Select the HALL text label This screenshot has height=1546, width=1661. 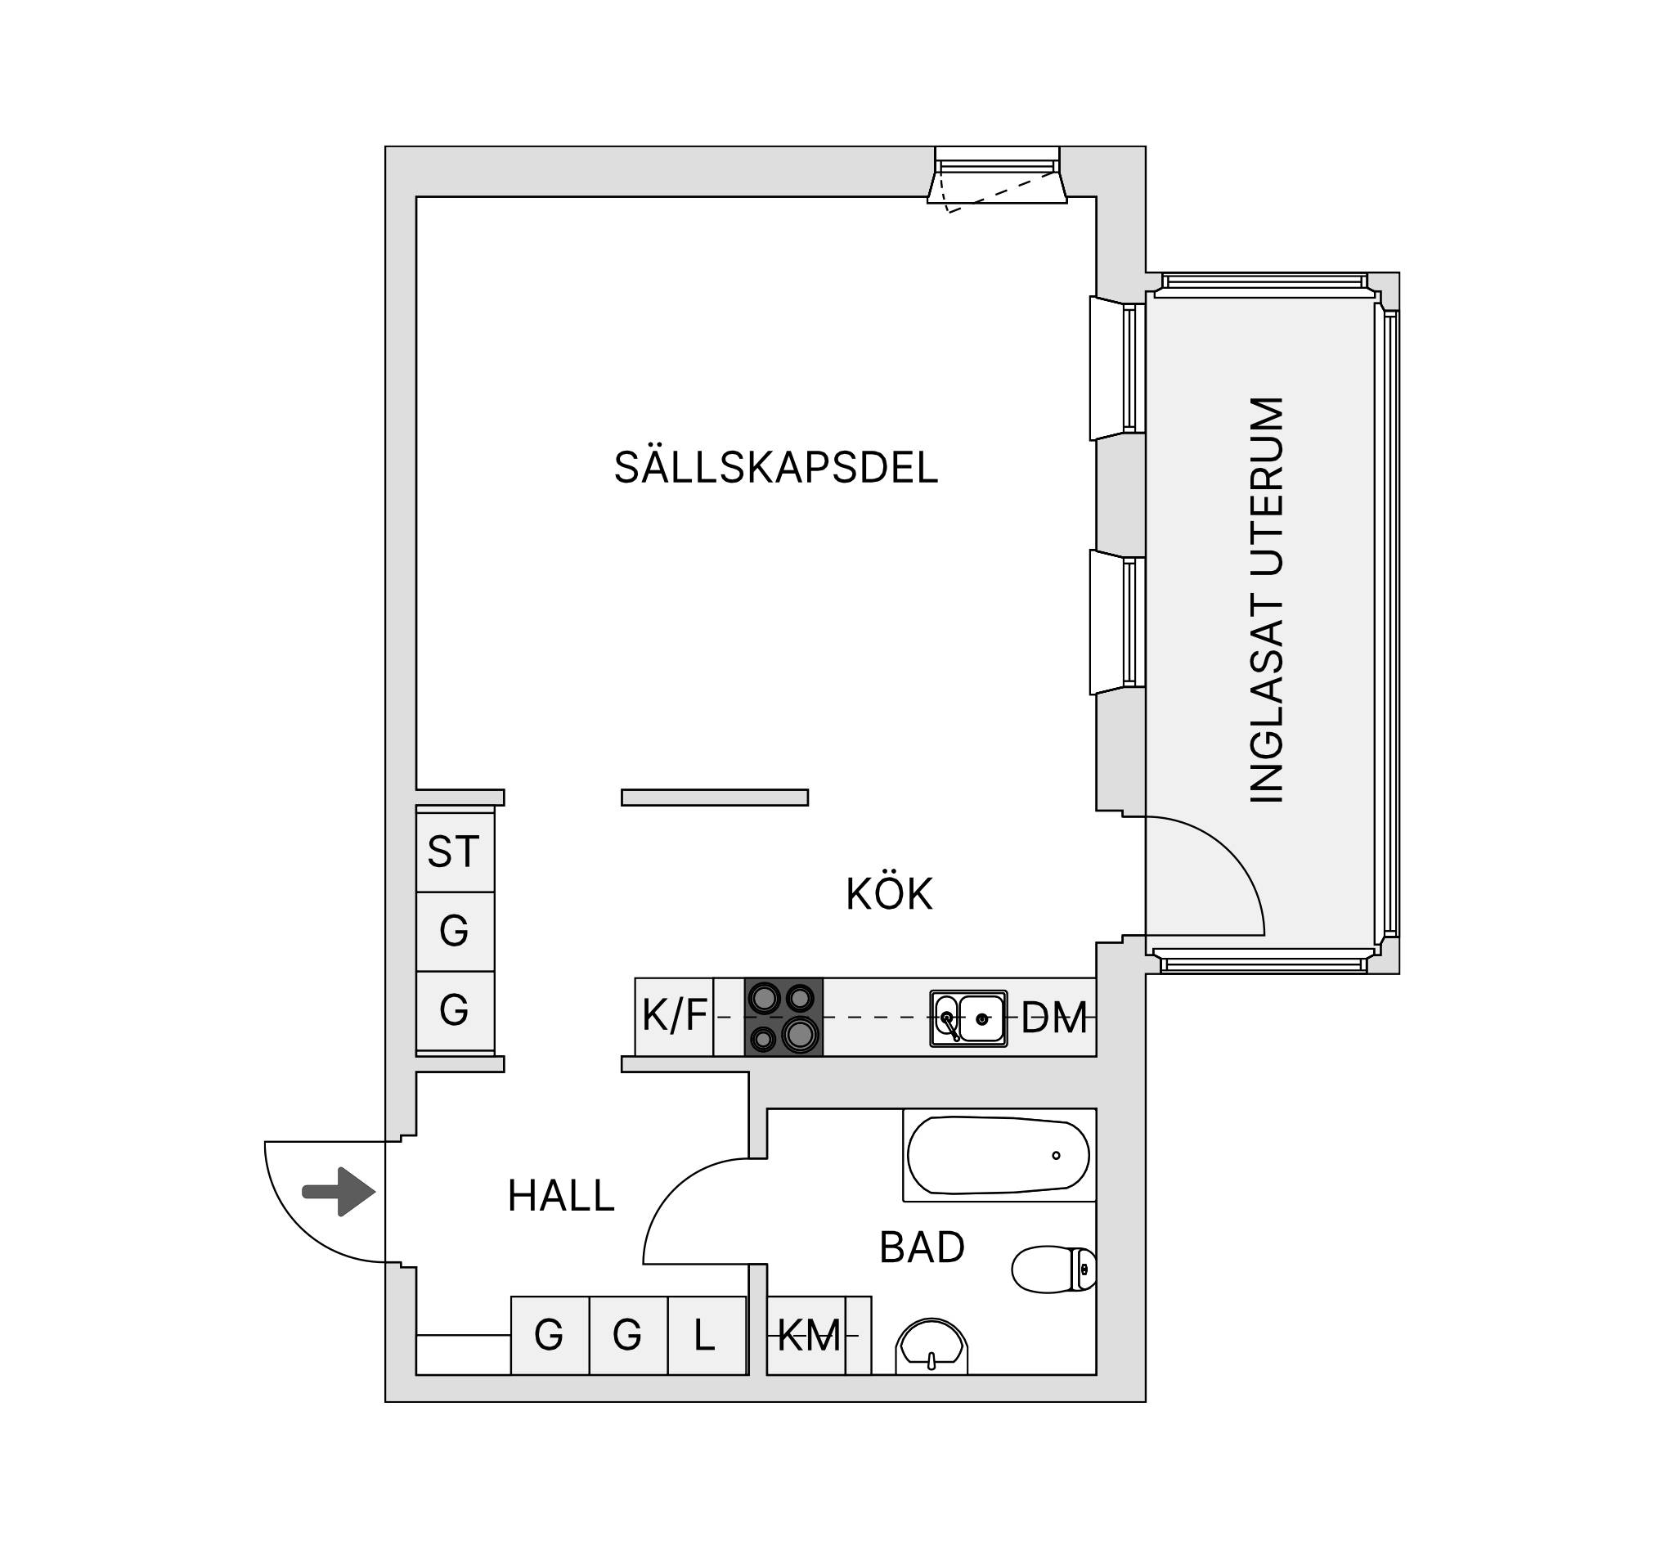562,1196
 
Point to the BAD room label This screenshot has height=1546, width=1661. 923,1247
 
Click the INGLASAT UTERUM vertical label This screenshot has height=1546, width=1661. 1266,600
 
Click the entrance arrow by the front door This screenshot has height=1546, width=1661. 339,1192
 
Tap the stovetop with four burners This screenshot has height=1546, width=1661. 783,1017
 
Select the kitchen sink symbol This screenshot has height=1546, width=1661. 968,1018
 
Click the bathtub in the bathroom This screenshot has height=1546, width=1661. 999,1156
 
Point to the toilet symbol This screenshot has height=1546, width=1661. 1054,1270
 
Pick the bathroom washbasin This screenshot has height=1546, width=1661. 932,1346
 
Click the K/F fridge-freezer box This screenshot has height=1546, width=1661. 674,1017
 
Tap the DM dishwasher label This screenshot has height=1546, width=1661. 1054,1018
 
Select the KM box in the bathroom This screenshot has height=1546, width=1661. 808,1336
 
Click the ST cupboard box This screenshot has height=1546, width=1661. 455,852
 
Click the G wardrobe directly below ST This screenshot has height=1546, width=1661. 455,931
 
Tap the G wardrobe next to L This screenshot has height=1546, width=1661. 628,1336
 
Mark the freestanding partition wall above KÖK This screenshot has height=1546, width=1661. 714,798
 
